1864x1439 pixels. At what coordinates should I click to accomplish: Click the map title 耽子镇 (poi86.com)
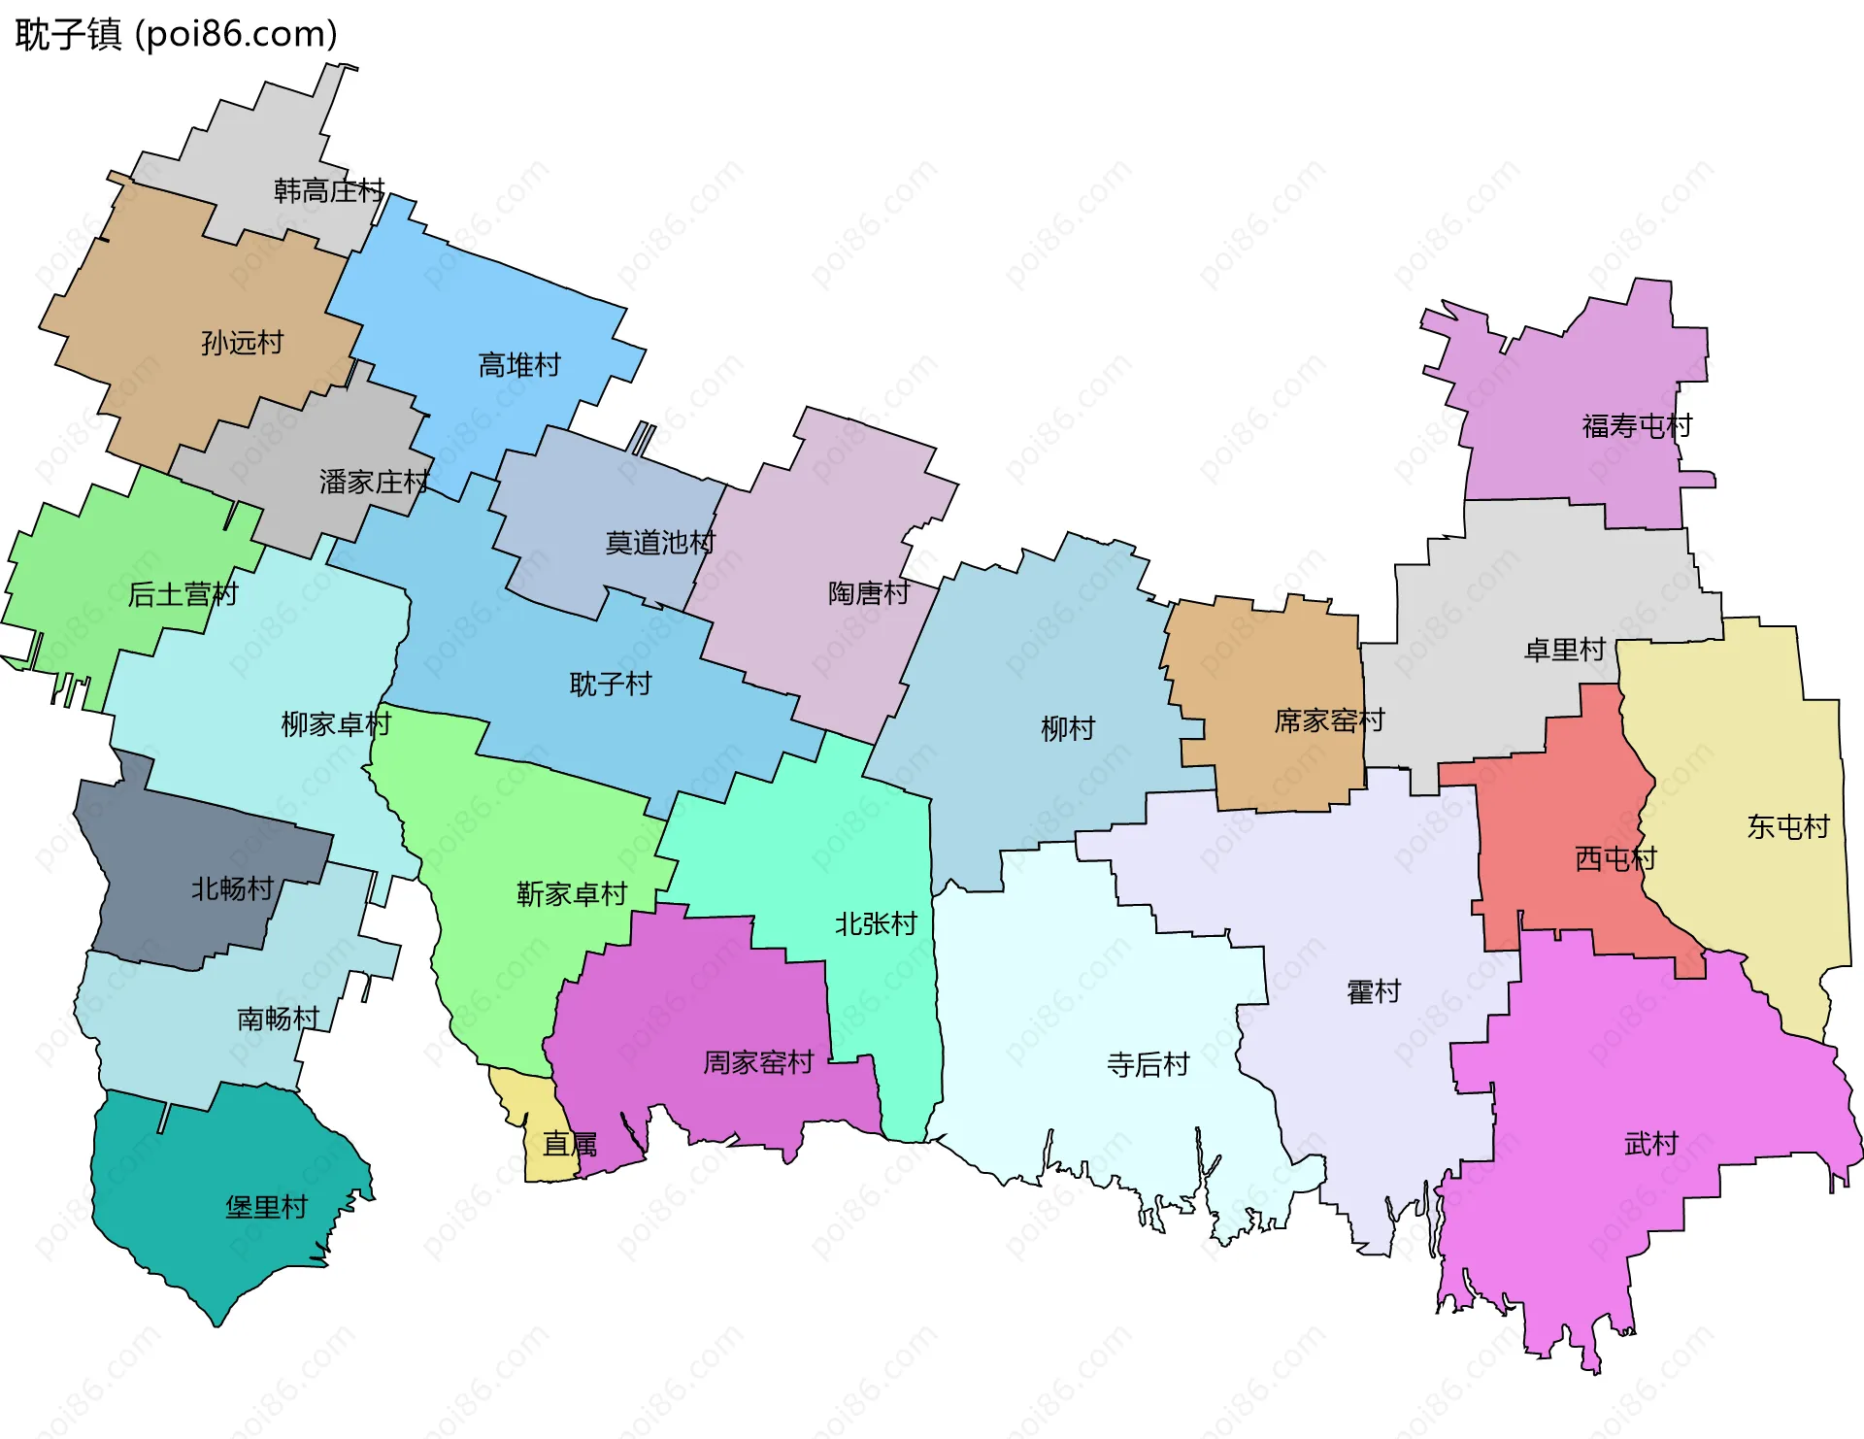176,34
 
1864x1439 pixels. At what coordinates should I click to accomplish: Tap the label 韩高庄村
329,190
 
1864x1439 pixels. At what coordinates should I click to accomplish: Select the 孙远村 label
242,343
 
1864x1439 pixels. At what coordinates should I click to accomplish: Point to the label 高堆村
519,365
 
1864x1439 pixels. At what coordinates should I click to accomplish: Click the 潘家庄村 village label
374,482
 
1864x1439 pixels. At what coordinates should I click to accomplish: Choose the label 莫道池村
660,543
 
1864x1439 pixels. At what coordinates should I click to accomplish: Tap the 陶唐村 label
869,592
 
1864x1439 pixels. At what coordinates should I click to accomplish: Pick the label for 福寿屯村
1637,426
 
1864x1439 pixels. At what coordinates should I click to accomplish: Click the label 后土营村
183,594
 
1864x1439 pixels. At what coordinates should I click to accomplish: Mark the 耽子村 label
610,685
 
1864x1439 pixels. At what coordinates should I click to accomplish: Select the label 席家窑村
1329,720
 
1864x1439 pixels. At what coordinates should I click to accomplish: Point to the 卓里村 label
1565,650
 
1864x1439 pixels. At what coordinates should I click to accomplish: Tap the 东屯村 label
1788,826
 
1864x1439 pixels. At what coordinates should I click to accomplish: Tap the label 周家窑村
758,1062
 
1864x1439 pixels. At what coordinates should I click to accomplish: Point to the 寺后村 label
1148,1065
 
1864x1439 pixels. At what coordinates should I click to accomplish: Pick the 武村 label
1651,1144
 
